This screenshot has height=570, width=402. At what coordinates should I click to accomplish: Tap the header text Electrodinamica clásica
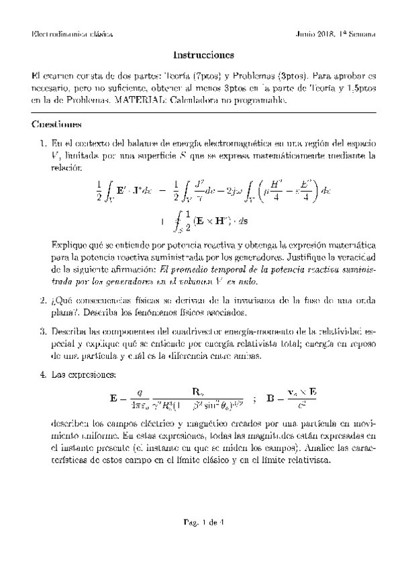72,34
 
